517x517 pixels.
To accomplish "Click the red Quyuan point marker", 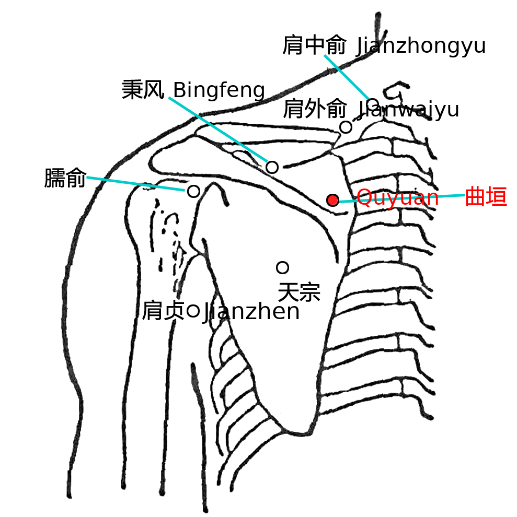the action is (332, 200).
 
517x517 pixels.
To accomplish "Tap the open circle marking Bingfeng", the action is (272, 167).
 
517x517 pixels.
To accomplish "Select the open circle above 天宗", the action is (282, 267).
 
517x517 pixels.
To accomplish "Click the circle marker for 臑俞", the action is (193, 191).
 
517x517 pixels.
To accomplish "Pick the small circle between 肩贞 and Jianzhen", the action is (193, 311).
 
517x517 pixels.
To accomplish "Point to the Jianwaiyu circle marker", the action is (346, 127).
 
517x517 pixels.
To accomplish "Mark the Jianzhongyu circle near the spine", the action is (373, 104).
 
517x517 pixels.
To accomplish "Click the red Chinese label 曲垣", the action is (486, 197).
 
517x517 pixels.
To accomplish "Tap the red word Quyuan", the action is (398, 198).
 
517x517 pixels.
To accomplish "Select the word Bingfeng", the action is (219, 90).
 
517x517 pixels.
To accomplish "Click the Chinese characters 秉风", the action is (143, 89).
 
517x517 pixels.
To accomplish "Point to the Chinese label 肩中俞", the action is (314, 45).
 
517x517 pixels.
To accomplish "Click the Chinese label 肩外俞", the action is (315, 109).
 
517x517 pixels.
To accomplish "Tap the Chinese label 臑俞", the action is (65, 178).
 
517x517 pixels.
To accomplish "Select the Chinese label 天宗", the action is (299, 292).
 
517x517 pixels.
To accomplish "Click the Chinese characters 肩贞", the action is (163, 310).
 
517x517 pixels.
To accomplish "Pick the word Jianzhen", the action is (251, 312).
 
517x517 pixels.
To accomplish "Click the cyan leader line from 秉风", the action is (218, 130).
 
